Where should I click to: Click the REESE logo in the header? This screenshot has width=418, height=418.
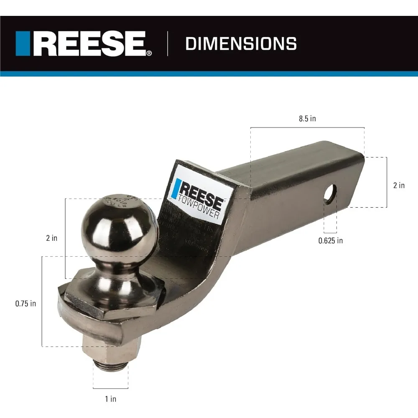tap(84, 43)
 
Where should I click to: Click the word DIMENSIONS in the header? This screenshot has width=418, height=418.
tap(241, 43)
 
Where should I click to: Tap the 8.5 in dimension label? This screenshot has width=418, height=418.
tap(307, 119)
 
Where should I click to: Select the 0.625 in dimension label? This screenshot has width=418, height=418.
tap(330, 240)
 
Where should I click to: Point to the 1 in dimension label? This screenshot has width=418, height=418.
tap(110, 399)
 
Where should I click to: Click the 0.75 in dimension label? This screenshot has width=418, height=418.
tap(25, 303)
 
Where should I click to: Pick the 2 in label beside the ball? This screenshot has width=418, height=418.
tap(52, 238)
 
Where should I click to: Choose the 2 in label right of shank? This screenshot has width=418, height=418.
tap(399, 185)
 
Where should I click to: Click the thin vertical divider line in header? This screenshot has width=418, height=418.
tap(168, 43)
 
